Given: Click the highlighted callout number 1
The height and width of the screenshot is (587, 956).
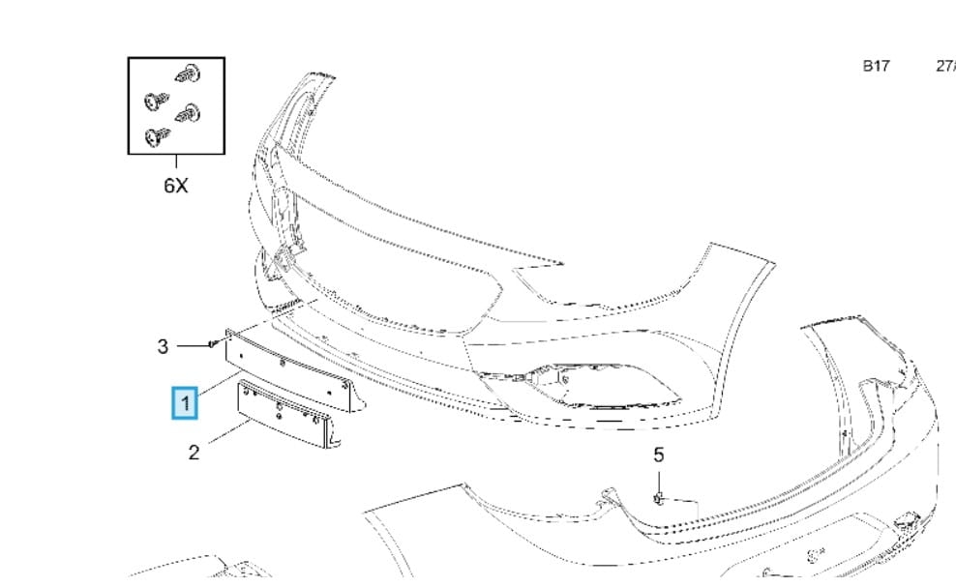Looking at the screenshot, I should (185, 401).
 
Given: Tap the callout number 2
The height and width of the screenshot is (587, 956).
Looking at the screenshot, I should (194, 452).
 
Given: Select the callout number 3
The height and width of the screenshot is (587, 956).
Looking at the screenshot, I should (164, 345).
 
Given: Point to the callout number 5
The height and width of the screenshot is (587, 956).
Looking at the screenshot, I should (659, 455).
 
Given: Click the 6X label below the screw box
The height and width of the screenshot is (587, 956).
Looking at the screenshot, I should (175, 185).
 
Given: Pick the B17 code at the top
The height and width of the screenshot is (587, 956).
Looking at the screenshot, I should (876, 66).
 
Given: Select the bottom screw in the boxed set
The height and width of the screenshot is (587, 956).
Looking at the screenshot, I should (153, 137).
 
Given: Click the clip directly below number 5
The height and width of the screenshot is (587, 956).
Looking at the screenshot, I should (658, 498).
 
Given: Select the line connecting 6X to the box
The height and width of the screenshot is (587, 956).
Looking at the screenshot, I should (176, 163).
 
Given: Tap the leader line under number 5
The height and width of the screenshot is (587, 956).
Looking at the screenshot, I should (659, 479).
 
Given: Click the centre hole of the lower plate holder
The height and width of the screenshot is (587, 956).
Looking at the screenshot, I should (279, 408).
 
